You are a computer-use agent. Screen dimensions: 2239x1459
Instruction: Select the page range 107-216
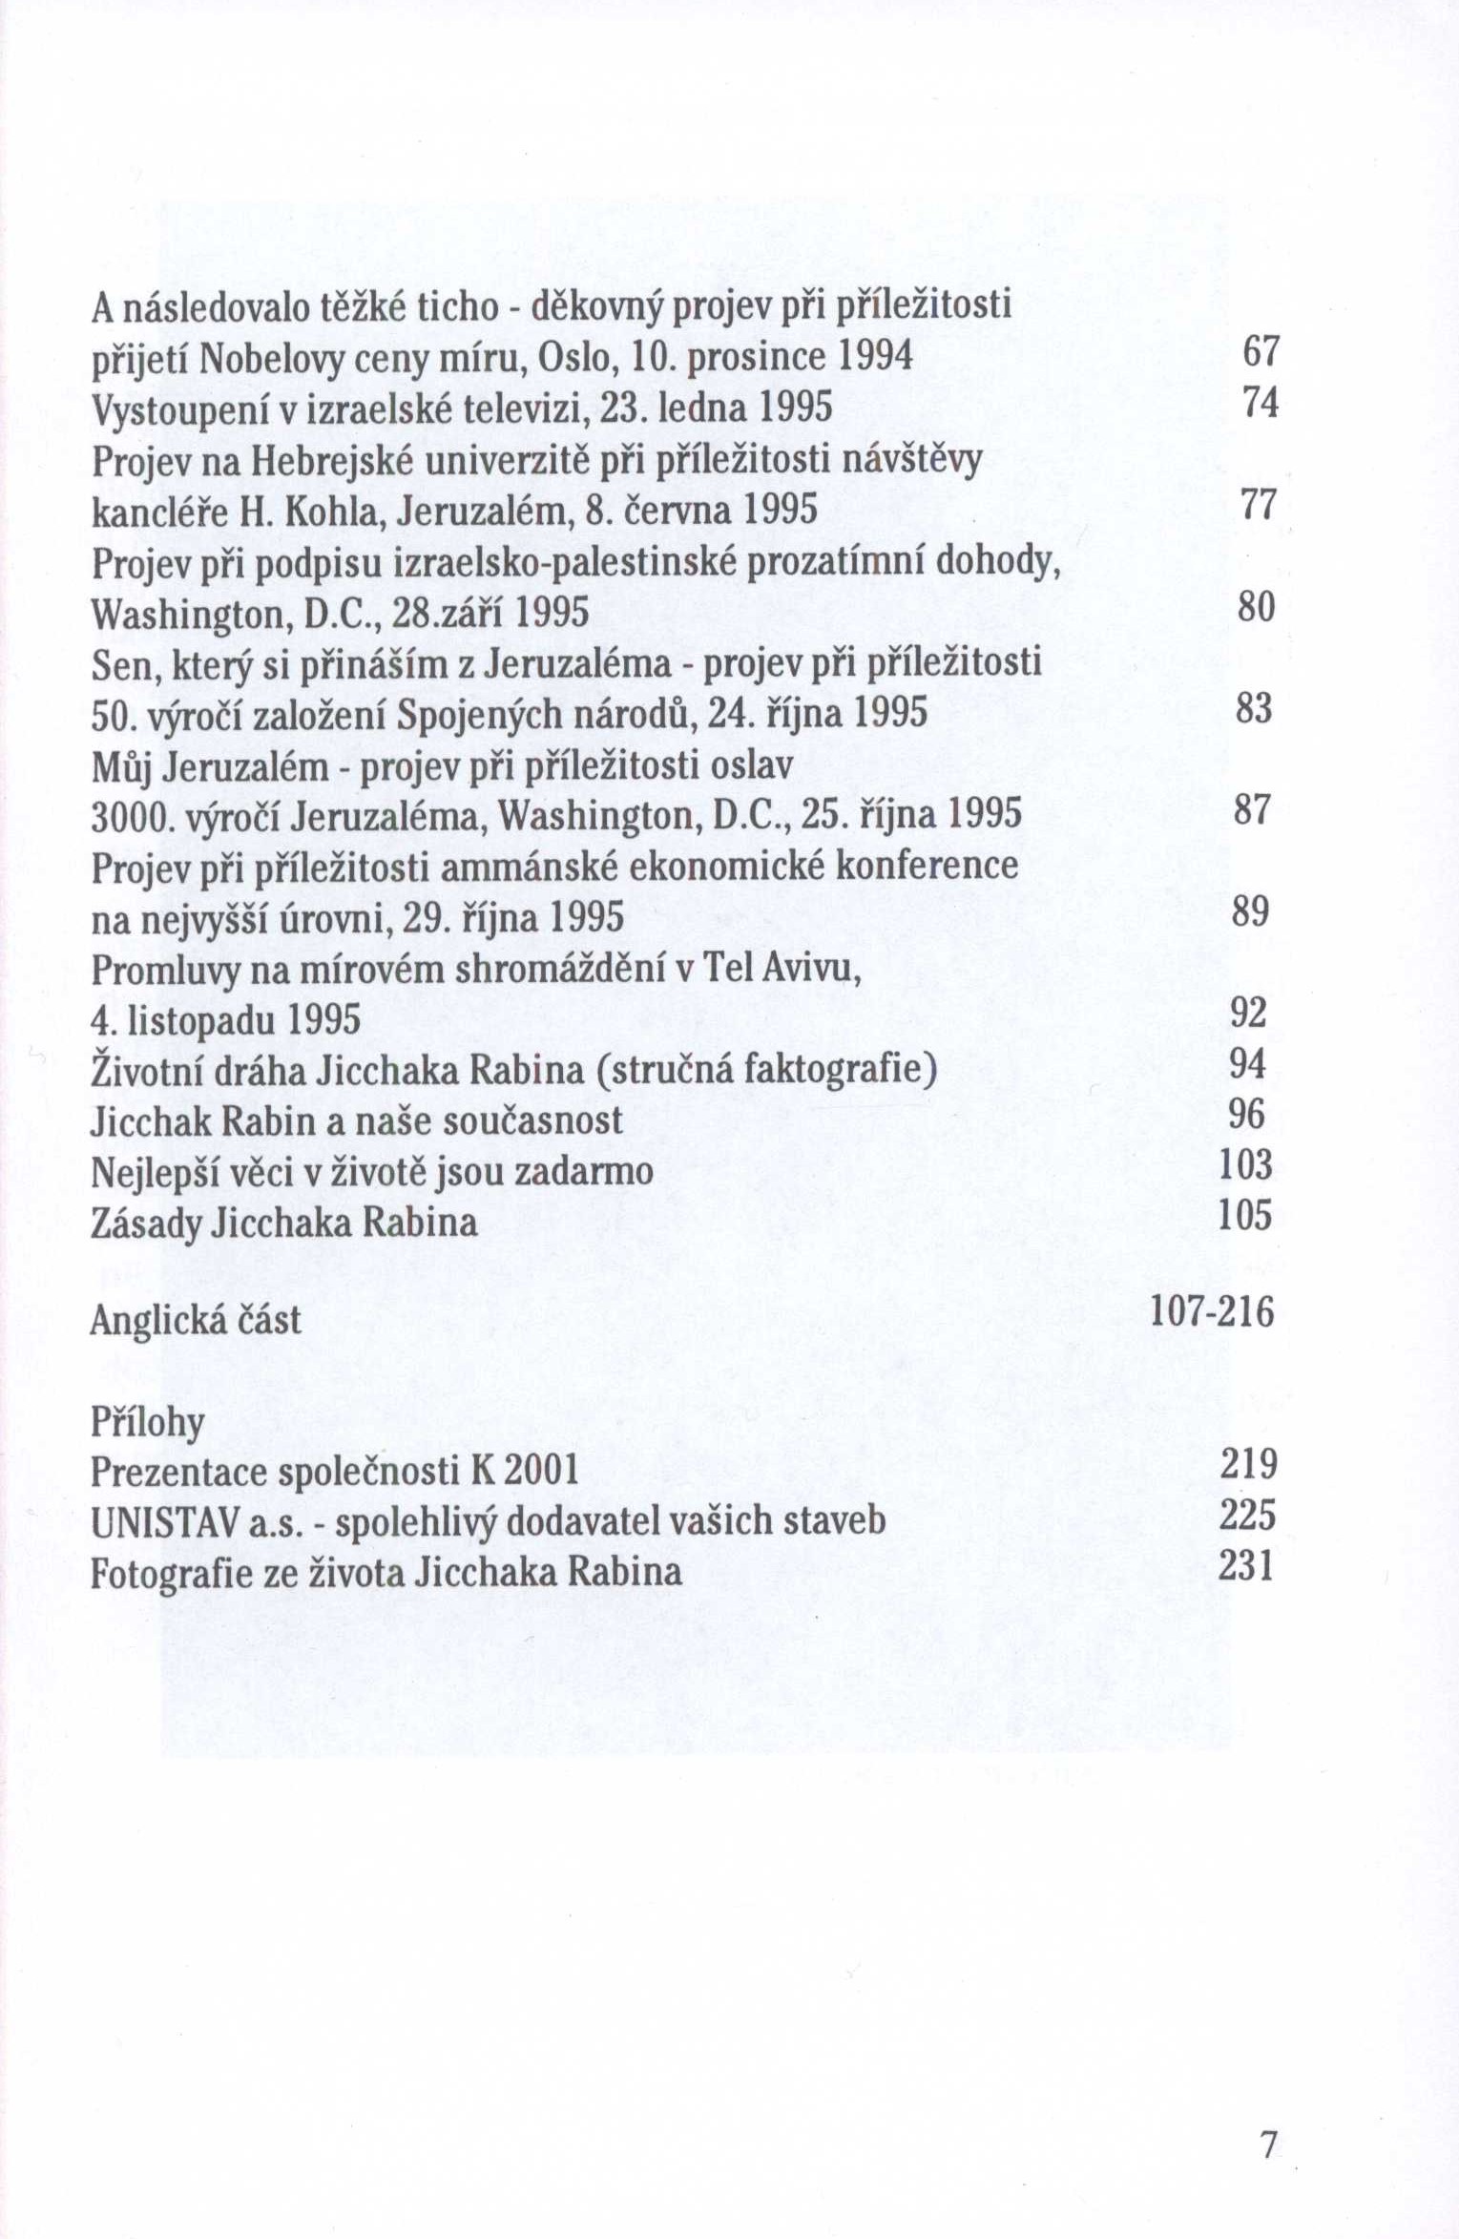pos(1212,1312)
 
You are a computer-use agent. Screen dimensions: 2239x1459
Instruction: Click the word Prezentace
pos(177,1471)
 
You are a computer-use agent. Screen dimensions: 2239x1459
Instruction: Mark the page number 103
pos(1246,1164)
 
